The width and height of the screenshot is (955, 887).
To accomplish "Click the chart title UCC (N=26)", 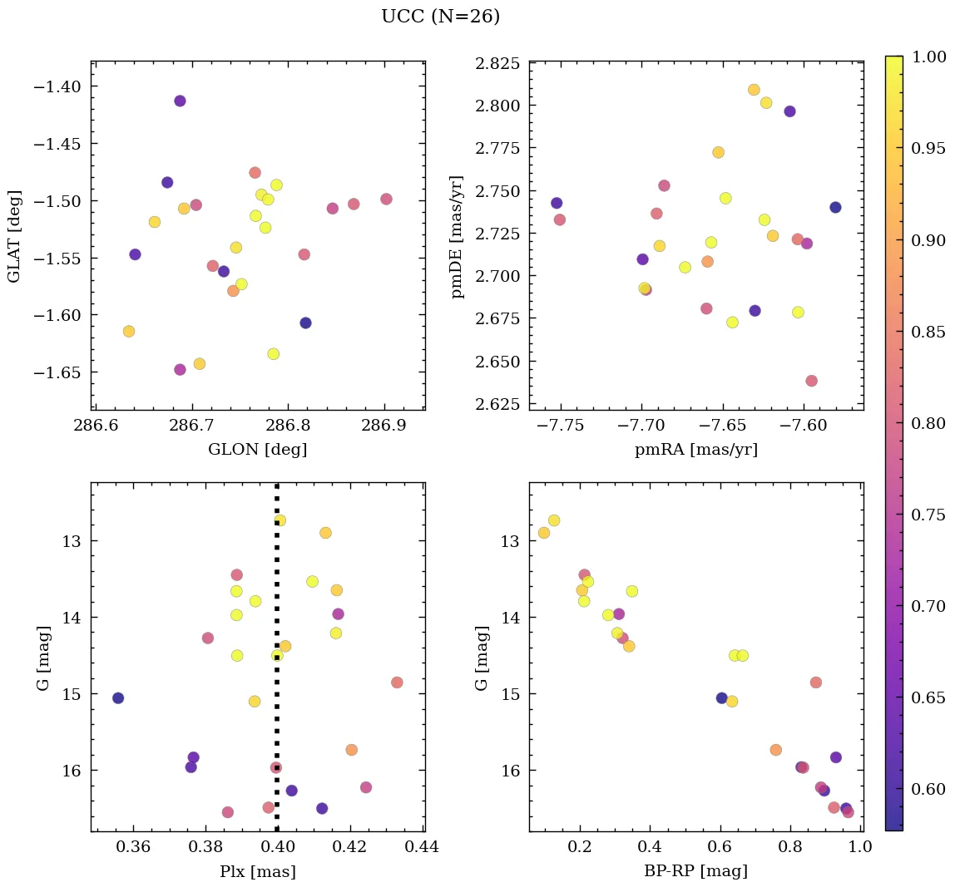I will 440,17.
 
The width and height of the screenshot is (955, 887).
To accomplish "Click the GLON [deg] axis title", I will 257,450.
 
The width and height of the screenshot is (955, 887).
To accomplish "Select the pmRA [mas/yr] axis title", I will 695,450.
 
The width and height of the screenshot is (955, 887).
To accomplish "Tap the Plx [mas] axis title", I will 257,871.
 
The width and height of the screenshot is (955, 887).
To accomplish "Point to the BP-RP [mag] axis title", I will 695,871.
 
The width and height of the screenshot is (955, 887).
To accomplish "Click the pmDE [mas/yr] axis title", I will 457,237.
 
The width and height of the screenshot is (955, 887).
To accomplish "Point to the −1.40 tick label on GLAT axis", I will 57,86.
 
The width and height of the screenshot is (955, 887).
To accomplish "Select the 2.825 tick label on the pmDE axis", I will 497,64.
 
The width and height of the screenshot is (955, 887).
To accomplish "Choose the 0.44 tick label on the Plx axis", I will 422,848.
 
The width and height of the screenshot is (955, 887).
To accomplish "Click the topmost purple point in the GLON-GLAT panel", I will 180,101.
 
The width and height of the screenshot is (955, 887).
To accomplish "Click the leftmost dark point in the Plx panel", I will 118,697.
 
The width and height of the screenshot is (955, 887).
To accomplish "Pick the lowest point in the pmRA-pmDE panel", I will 811,381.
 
